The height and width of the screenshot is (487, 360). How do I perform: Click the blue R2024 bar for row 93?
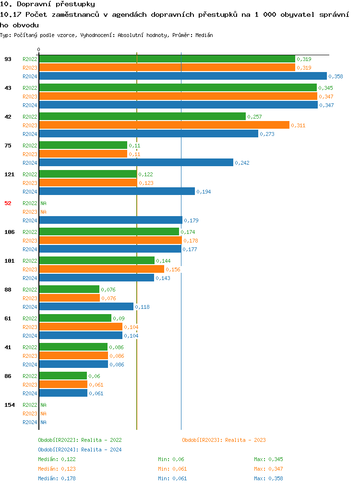pos(182,76)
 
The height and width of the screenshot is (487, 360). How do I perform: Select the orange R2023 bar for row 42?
pos(164,125)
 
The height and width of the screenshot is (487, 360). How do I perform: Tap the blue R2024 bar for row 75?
pos(136,163)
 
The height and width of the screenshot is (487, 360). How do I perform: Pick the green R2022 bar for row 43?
pos(178,88)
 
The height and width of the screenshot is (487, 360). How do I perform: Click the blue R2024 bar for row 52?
pos(110,220)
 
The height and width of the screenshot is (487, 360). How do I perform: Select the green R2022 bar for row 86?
pos(63,376)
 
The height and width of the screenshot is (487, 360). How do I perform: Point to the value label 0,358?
pos(336,76)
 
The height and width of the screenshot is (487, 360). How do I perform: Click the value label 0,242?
pos(242,163)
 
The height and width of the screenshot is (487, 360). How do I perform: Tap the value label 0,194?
pos(204,192)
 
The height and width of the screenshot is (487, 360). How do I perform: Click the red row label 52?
pos(8,203)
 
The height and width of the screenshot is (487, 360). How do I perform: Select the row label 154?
pos(10,405)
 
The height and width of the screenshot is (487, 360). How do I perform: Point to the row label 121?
pos(10,174)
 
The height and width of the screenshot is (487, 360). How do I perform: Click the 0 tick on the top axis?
pos(39,50)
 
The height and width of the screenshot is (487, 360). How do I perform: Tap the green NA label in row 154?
pos(43,405)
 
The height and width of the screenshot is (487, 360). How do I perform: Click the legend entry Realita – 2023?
pos(224,440)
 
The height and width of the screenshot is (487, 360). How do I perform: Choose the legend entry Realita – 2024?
pos(80,450)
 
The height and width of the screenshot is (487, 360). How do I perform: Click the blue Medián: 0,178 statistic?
pos(57,478)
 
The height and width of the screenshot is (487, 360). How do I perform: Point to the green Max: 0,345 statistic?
pos(268,459)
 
